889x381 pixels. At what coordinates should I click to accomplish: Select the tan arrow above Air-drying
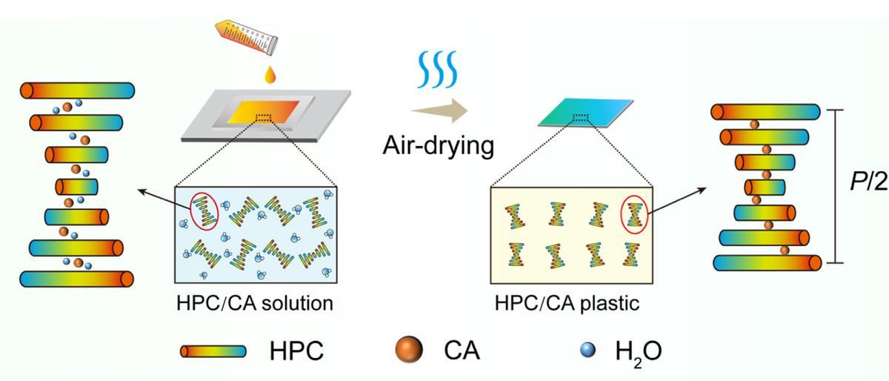pyautogui.click(x=440, y=112)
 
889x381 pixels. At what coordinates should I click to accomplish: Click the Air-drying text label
pyautogui.click(x=438, y=145)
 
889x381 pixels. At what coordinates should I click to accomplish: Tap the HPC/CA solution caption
pyautogui.click(x=255, y=304)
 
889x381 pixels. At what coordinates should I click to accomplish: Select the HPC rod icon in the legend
pyautogui.click(x=213, y=351)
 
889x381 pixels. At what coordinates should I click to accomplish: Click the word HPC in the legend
pyautogui.click(x=296, y=351)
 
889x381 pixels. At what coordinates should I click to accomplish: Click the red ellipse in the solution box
pyautogui.click(x=205, y=212)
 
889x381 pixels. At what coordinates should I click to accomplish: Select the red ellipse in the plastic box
pyautogui.click(x=633, y=214)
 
